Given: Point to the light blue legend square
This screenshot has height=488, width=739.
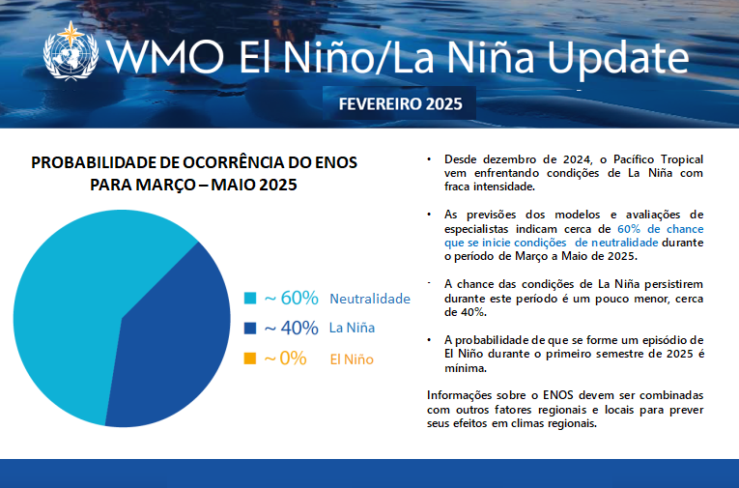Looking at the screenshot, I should (250, 298).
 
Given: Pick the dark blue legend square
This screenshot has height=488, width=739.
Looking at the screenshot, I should (250, 328).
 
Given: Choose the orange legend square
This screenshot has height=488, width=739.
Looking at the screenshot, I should (250, 359).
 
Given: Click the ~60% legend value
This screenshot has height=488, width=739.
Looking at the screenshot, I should (291, 298).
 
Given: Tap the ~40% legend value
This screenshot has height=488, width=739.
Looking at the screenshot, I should (291, 328).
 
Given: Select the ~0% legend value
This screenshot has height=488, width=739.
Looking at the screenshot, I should (285, 359).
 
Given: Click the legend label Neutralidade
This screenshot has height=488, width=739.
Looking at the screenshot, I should (370, 299).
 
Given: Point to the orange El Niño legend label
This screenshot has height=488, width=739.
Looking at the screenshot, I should (352, 359).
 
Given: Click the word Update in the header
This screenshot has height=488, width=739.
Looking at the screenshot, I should (610, 58).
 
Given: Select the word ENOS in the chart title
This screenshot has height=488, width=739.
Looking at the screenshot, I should (334, 162).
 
